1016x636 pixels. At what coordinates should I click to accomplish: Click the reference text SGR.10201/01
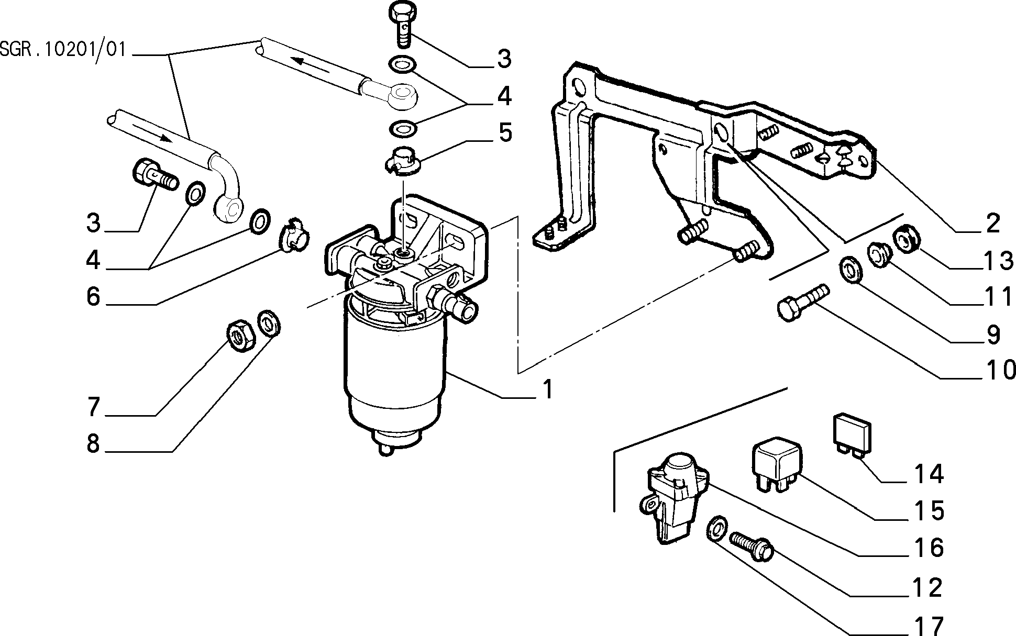[63, 50]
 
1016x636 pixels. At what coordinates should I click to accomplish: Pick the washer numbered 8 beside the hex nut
[269, 323]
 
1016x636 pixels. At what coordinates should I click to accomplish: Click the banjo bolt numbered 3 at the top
[404, 23]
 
